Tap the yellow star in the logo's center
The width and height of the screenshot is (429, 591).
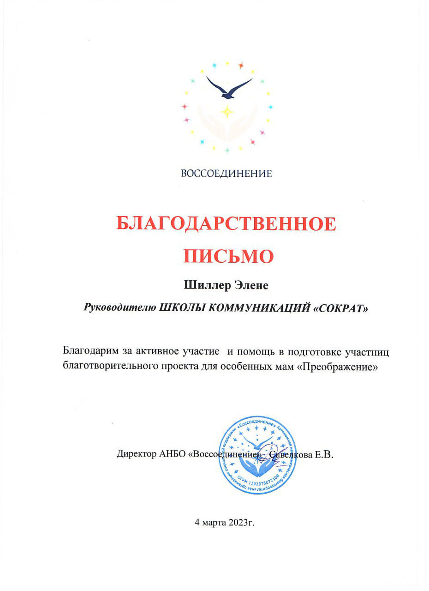click(227, 111)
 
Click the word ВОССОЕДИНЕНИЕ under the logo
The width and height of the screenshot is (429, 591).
click(226, 174)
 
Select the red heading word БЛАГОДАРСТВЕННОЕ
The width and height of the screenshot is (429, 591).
click(226, 224)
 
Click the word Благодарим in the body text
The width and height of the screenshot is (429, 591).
click(89, 352)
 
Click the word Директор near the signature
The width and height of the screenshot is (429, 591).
click(136, 454)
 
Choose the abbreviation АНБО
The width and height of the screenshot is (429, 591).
click(173, 454)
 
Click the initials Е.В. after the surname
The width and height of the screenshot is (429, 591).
click(324, 454)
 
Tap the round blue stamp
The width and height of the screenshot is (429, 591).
click(257, 455)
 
